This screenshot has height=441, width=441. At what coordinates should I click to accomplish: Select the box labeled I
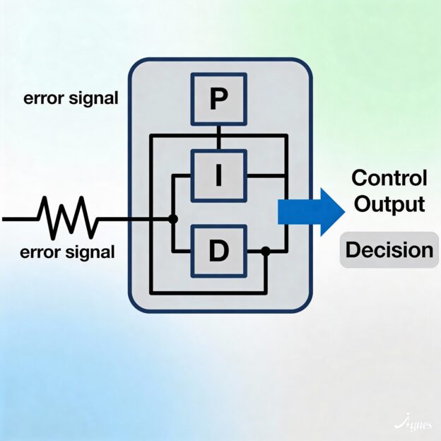click(x=219, y=174)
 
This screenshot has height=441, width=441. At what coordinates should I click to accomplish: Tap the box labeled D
click(x=219, y=250)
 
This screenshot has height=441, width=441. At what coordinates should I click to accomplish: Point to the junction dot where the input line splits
click(x=172, y=219)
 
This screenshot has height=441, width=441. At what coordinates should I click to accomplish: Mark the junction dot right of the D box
click(x=265, y=251)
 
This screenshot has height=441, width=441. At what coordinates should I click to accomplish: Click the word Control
click(x=389, y=178)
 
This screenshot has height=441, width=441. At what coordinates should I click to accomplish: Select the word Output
click(x=389, y=205)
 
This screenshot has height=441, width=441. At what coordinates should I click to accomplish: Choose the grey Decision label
click(x=389, y=250)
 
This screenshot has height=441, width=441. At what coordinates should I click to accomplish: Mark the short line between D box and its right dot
click(x=254, y=251)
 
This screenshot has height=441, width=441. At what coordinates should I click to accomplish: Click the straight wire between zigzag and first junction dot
click(x=134, y=219)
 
